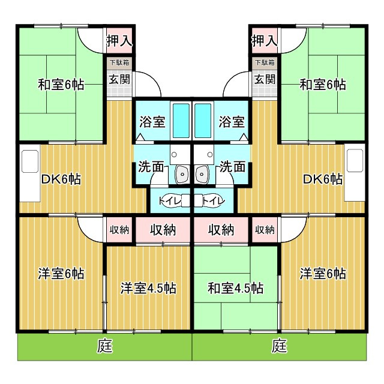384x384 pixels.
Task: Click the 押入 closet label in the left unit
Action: pyautogui.click(x=119, y=41)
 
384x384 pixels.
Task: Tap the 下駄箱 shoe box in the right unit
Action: pyautogui.click(x=265, y=62)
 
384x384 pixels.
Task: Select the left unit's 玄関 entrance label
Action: pyautogui.click(x=119, y=79)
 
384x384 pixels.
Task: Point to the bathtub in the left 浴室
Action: pyautogui.click(x=181, y=121)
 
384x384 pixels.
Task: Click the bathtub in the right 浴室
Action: pyautogui.click(x=203, y=121)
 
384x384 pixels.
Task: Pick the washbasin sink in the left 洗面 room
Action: pyautogui.click(x=182, y=174)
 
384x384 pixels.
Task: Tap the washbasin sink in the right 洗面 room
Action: pyautogui.click(x=202, y=174)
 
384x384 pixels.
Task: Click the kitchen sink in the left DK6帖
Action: pyautogui.click(x=30, y=161)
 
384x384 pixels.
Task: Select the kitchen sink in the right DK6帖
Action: pyautogui.click(x=355, y=161)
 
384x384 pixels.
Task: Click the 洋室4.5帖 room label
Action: pyautogui.click(x=148, y=288)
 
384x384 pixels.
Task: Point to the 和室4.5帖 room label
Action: pyautogui.click(x=236, y=288)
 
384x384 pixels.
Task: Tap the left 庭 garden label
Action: pyautogui.click(x=105, y=346)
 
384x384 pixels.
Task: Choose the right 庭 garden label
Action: pyautogui.click(x=280, y=346)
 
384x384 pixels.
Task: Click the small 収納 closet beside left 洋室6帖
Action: pyautogui.click(x=119, y=230)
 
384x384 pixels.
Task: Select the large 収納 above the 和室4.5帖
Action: pyautogui.click(x=221, y=230)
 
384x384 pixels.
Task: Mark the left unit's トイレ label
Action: pyautogui.click(x=170, y=201)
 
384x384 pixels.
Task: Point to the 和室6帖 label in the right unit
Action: pyautogui.click(x=323, y=85)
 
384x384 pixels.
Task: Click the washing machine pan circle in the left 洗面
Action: pyautogui.click(x=174, y=155)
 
